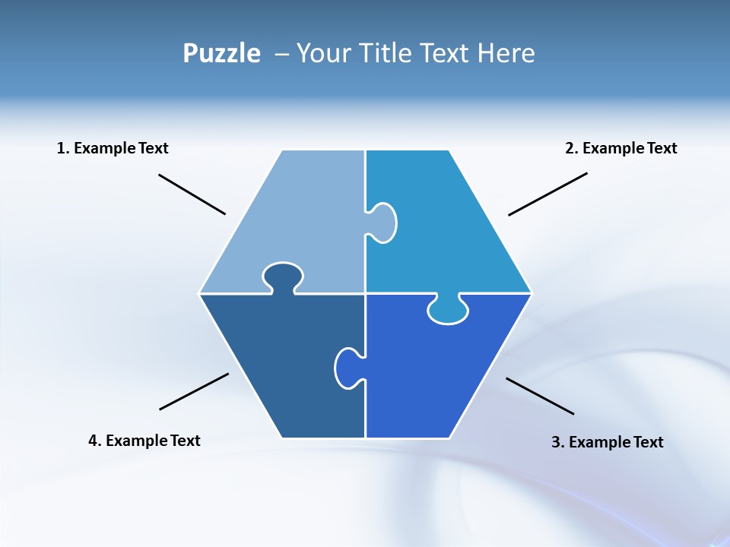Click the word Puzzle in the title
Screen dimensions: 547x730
pos(221,54)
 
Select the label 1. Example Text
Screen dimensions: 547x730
pos(113,148)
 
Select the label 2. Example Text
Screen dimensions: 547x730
pos(620,148)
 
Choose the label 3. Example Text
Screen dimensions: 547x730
pos(607,442)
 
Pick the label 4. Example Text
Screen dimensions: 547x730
pos(144,441)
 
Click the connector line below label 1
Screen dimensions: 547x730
pos(192,194)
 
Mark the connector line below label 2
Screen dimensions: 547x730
pos(547,194)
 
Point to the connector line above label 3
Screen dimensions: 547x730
pos(540,396)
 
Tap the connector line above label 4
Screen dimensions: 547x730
pos(194,391)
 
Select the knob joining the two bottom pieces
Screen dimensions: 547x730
pos(348,367)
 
